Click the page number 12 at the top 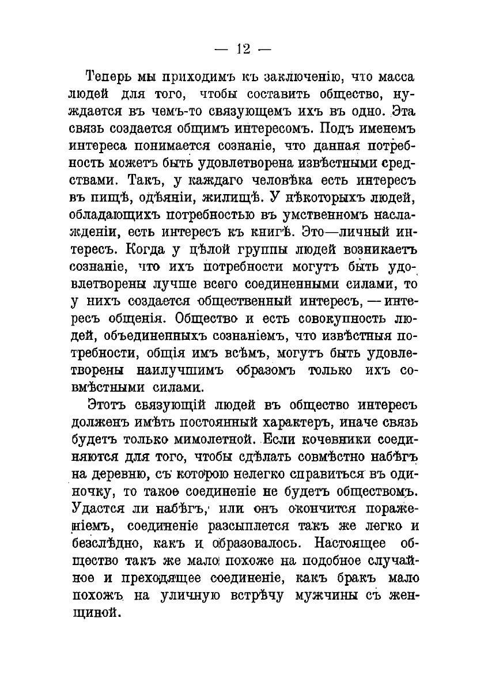click(x=241, y=49)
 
